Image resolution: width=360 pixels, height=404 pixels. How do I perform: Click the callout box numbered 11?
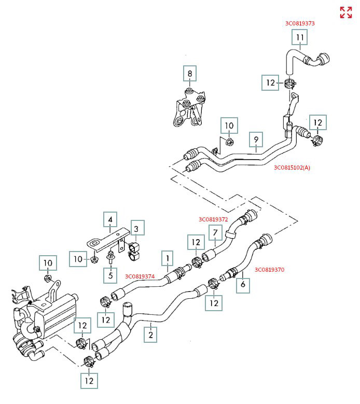(x=300, y=38)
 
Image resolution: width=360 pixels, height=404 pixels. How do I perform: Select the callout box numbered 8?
(x=190, y=74)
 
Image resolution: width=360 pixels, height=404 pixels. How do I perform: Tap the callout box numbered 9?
(x=255, y=139)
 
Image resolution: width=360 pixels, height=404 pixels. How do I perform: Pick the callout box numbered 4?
(x=109, y=220)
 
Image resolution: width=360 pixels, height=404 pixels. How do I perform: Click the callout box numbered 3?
(x=136, y=228)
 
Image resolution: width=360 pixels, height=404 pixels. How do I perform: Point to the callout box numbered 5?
(x=109, y=274)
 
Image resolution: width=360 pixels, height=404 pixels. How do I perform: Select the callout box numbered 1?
(x=168, y=257)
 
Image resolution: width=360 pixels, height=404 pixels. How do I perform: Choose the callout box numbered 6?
(x=242, y=284)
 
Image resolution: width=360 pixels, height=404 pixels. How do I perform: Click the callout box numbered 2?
(x=150, y=335)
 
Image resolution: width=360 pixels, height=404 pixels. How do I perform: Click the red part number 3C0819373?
(x=300, y=23)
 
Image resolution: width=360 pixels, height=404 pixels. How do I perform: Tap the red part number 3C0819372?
(x=213, y=219)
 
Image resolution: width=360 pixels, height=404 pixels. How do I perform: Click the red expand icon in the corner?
(x=345, y=12)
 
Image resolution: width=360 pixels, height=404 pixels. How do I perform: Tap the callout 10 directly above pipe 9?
(x=229, y=125)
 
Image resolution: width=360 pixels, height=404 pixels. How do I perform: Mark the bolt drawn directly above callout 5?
(x=110, y=257)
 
